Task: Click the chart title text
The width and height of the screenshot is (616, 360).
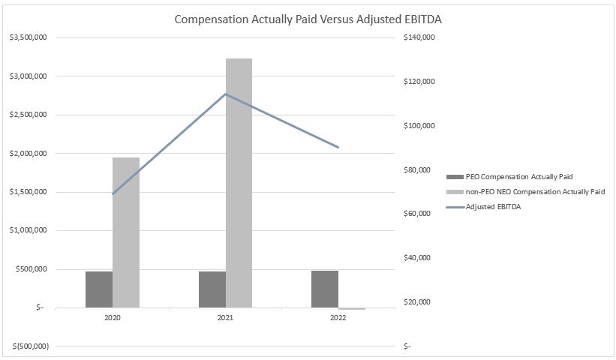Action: [x=308, y=19]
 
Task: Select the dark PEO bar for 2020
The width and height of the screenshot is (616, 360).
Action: [x=99, y=289]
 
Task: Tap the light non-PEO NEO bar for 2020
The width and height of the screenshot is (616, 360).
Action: [x=126, y=232]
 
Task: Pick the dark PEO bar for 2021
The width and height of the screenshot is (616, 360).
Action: [x=212, y=289]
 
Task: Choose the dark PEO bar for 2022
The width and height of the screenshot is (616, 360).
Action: [x=325, y=289]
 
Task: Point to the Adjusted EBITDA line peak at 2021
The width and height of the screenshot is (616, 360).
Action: [x=226, y=94]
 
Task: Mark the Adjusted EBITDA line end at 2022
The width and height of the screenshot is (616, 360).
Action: [x=338, y=147]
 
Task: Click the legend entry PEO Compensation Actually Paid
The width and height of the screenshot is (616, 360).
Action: [x=518, y=177]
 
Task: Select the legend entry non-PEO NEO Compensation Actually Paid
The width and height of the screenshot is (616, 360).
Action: [x=534, y=192]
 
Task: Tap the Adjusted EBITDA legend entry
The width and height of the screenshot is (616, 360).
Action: [x=493, y=207]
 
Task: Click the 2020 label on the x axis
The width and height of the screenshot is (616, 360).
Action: [x=113, y=318]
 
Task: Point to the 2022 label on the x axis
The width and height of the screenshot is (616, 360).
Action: [x=338, y=318]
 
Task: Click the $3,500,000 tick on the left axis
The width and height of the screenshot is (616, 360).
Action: [x=28, y=37]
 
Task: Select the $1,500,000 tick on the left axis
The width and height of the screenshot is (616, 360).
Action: [x=28, y=192]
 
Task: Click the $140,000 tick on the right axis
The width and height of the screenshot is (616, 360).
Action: [x=419, y=37]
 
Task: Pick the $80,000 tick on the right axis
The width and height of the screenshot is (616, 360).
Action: [x=417, y=170]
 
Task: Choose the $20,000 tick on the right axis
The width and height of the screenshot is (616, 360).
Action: [x=417, y=302]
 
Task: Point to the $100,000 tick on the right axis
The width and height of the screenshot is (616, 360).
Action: [x=419, y=126]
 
